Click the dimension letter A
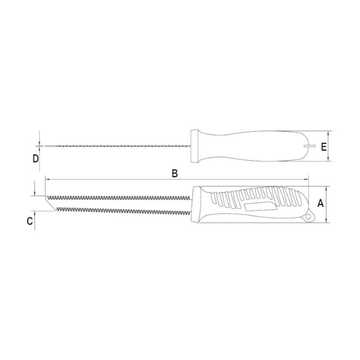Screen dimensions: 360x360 [320, 203]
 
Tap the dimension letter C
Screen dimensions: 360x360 [30, 221]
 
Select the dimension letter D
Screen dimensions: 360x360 [35, 159]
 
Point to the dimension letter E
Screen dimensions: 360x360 [324, 147]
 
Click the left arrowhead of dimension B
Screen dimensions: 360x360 [47, 180]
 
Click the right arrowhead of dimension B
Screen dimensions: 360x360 [306, 180]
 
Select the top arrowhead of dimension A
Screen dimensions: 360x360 [327, 188]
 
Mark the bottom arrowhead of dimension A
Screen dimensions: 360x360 [327, 221]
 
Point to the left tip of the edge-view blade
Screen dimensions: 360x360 [44, 146]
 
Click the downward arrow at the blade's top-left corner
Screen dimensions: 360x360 [35, 193]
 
